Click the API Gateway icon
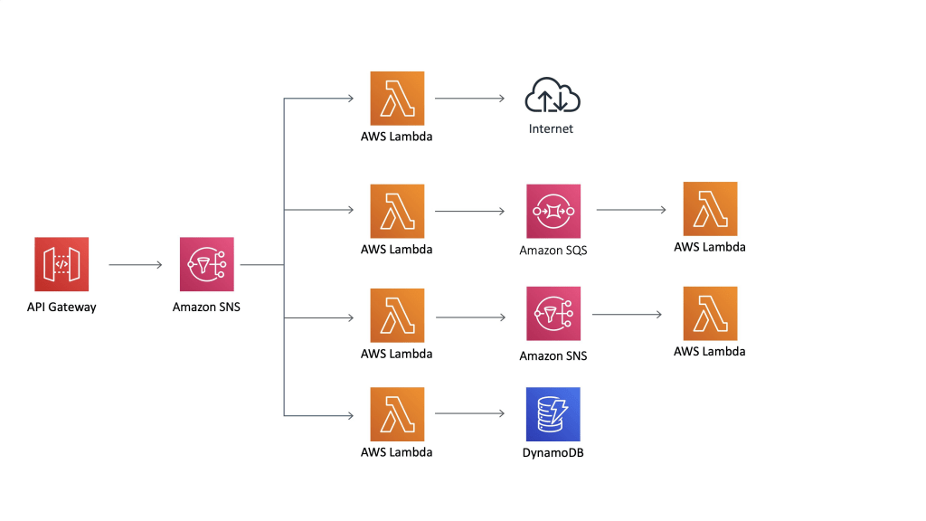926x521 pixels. coord(61,265)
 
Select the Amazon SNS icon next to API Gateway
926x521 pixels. coord(206,265)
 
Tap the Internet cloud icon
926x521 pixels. coord(552,96)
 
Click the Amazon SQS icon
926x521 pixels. coord(553,212)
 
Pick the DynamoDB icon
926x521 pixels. coord(553,414)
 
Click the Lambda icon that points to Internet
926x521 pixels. coord(397,98)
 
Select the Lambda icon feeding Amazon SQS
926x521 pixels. coord(397,212)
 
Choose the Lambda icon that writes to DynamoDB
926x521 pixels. coord(397,414)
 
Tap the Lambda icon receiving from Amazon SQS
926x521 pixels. coord(710,209)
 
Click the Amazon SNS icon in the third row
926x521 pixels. coord(553,315)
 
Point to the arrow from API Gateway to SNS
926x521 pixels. coord(136,265)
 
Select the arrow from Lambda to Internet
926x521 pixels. coord(469,98)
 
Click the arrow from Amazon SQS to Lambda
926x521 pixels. coord(631,210)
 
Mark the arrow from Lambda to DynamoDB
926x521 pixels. coord(469,414)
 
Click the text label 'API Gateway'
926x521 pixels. coord(61,307)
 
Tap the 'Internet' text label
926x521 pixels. coord(551,129)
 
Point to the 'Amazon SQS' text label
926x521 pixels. coord(553,251)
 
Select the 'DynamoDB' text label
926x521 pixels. coord(553,452)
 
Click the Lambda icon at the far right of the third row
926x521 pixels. coord(710,314)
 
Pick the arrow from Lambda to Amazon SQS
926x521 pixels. coord(469,212)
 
